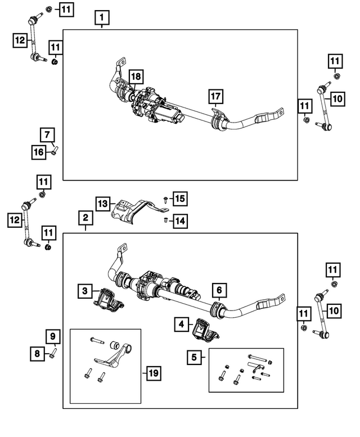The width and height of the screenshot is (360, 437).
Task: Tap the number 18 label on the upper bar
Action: (x=136, y=76)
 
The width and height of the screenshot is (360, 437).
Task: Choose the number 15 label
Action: (x=179, y=199)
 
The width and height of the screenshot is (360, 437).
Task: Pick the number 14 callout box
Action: (x=179, y=221)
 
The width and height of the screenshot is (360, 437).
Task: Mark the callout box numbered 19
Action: (x=152, y=372)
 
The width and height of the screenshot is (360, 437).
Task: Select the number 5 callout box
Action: (x=195, y=356)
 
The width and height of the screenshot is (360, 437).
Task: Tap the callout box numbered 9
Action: (x=52, y=337)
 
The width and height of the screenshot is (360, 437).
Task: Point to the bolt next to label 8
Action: (x=54, y=353)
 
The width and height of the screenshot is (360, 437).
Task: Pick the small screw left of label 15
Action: (x=163, y=200)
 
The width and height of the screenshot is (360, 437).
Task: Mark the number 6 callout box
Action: (x=219, y=290)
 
